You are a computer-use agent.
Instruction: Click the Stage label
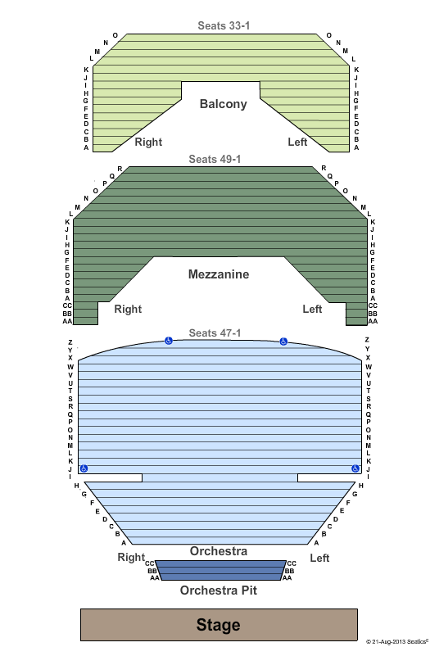pyautogui.click(x=219, y=625)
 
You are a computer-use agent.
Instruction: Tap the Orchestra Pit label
pyautogui.click(x=219, y=590)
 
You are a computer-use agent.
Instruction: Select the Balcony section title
pyautogui.click(x=224, y=104)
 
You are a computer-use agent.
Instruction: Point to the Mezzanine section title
pyautogui.click(x=219, y=274)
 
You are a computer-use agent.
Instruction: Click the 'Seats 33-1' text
pyautogui.click(x=224, y=25)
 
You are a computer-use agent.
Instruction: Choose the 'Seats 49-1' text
pyautogui.click(x=215, y=159)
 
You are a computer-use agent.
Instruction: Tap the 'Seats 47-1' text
pyautogui.click(x=215, y=333)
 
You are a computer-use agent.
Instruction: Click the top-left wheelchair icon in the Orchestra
pyautogui.click(x=169, y=341)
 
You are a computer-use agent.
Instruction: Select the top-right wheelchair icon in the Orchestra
pyautogui.click(x=283, y=342)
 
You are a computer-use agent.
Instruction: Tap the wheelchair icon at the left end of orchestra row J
pyautogui.click(x=84, y=468)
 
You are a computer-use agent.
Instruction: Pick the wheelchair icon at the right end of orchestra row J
pyautogui.click(x=355, y=468)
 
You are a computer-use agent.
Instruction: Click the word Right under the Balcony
pyautogui.click(x=148, y=142)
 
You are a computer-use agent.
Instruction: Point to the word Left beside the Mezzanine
pyautogui.click(x=312, y=309)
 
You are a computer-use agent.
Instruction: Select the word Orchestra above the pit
pyautogui.click(x=219, y=551)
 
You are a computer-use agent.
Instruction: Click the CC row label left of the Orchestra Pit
pyautogui.click(x=149, y=563)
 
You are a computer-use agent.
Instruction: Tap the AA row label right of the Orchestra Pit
pyautogui.click(x=287, y=578)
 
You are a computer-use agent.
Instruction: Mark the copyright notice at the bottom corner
pyautogui.click(x=396, y=641)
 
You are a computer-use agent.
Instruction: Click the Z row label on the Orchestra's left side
pyautogui.click(x=70, y=342)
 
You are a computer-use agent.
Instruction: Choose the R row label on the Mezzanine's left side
pyautogui.click(x=120, y=169)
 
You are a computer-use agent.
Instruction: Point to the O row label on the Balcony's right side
pyautogui.click(x=329, y=35)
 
